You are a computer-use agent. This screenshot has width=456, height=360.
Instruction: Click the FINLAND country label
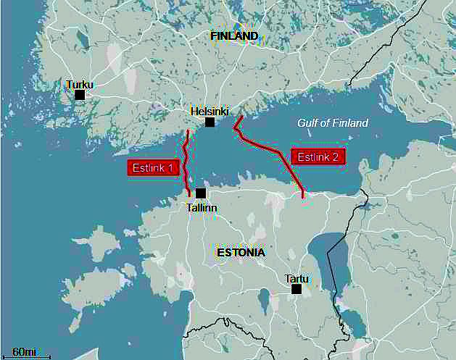click(234, 35)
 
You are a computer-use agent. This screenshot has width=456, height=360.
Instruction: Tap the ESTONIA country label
click(241, 253)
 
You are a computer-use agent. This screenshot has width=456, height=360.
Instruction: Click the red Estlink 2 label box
click(318, 156)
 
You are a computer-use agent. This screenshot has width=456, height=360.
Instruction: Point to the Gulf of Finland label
click(333, 123)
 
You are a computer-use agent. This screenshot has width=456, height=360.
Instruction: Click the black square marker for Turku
click(80, 95)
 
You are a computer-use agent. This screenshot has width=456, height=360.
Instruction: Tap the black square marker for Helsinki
click(210, 122)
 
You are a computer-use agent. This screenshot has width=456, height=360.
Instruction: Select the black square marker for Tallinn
click(201, 193)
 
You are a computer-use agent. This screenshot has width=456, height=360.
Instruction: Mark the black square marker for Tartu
click(296, 289)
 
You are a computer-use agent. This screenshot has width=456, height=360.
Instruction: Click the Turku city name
click(80, 84)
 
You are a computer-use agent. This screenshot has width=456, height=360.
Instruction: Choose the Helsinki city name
click(210, 112)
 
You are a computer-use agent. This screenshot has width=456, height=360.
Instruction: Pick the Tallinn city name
click(202, 207)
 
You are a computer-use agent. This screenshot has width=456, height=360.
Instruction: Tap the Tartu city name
click(297, 278)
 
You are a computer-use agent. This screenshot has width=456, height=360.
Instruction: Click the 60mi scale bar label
click(25, 351)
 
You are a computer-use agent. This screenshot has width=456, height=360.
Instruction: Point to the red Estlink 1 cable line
click(186, 163)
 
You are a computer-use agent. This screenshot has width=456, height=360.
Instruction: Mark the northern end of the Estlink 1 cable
click(188, 131)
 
